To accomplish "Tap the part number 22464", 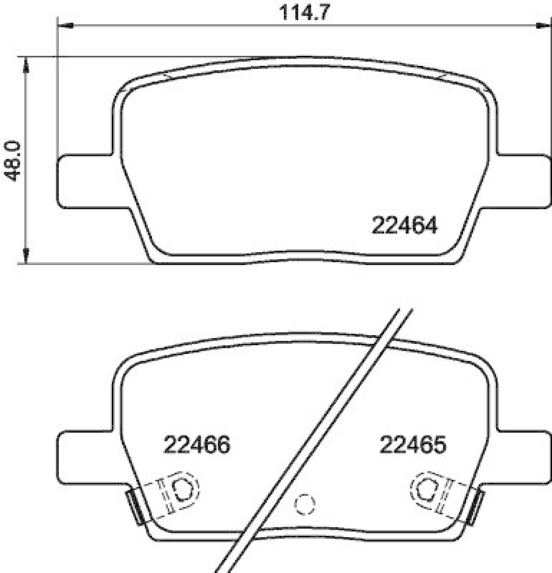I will click(x=404, y=226).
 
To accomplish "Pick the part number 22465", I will click(x=414, y=445).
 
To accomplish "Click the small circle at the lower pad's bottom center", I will click(x=305, y=504).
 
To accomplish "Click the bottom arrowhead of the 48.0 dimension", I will click(x=27, y=256).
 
